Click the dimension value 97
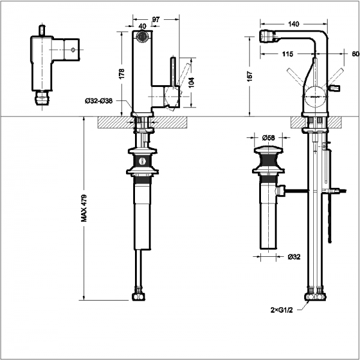tap(156, 20)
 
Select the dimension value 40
tap(142, 26)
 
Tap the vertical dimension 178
tap(122, 73)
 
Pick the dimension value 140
tap(294, 24)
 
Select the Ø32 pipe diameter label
tap(294, 257)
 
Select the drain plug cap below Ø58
tap(268, 150)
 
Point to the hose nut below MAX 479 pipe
tap(139, 296)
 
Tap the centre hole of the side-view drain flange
tap(142, 161)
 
